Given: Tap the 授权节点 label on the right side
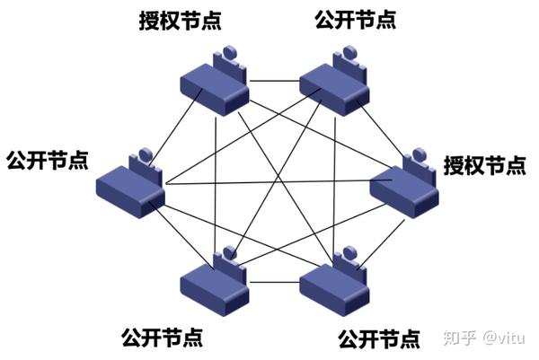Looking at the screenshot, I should (x=485, y=165).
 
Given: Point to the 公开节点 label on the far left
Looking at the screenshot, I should (x=47, y=161).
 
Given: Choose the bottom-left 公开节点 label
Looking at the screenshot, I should (x=162, y=338).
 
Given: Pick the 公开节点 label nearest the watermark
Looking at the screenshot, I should (x=378, y=340).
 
